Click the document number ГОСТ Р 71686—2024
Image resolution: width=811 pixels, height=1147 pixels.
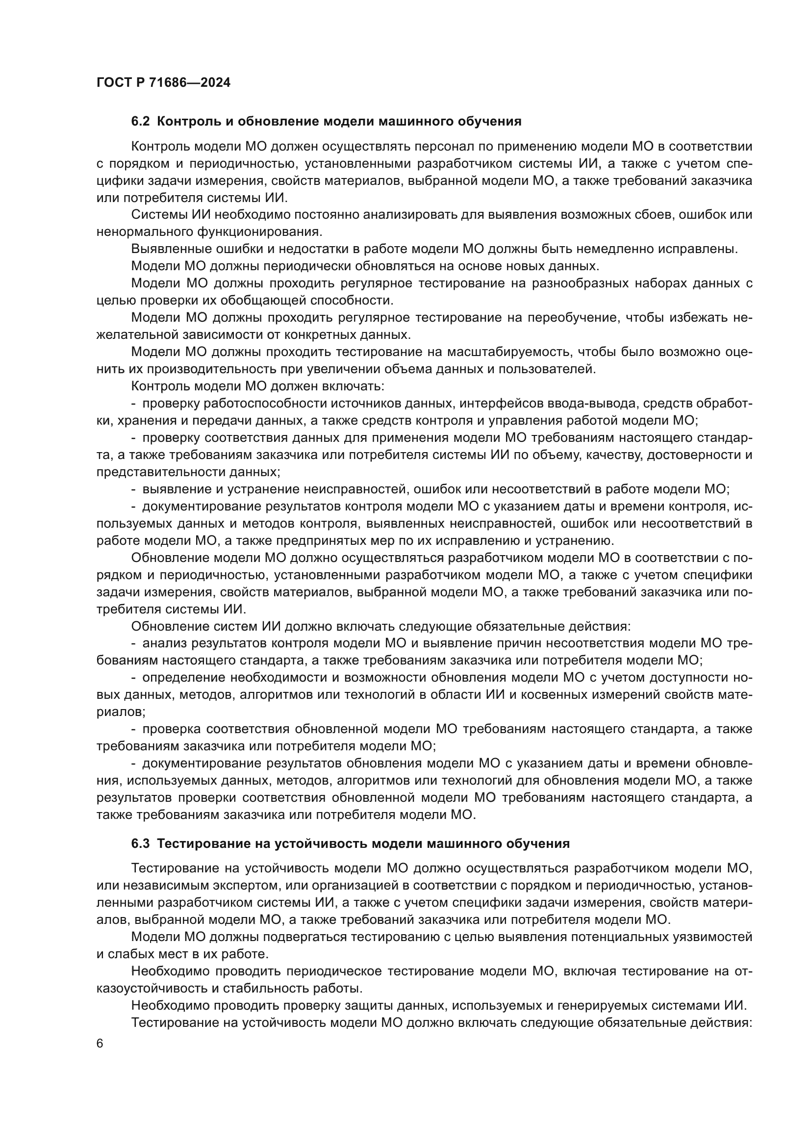[x=163, y=83]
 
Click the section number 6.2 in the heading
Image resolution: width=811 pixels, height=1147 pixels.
[x=140, y=122]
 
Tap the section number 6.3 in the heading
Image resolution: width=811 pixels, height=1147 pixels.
[x=140, y=844]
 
